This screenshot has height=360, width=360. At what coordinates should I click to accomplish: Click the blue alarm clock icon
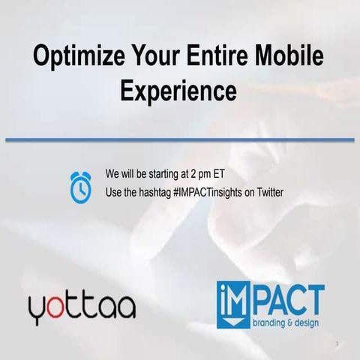click(80, 187)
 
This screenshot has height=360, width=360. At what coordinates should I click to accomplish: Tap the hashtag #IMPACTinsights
click(214, 191)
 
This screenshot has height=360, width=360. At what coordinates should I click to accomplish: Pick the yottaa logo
click(82, 307)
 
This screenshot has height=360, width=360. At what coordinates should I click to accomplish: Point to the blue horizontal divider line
click(180, 139)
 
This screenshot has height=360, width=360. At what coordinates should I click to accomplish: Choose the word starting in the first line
click(166, 170)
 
